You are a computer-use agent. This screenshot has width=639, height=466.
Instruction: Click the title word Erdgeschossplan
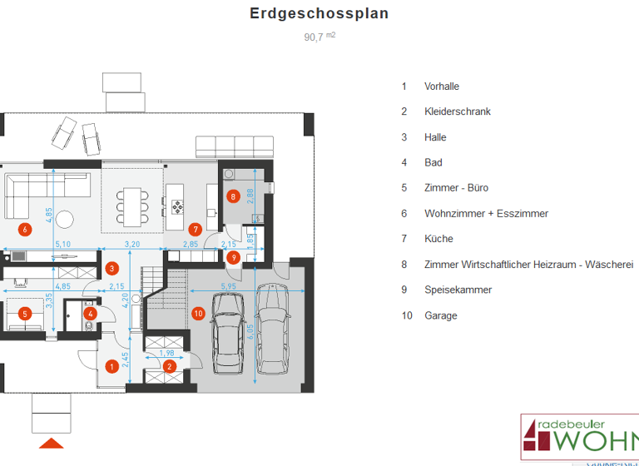tap(319, 14)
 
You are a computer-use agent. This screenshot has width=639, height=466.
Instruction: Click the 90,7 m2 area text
tap(319, 36)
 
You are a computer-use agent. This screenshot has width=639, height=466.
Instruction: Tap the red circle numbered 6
tap(25, 229)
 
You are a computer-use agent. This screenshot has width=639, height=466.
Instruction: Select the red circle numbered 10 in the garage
tap(198, 314)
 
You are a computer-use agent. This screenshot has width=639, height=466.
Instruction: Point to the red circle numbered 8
tap(234, 197)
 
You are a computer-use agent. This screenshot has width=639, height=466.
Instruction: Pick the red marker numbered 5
tap(25, 314)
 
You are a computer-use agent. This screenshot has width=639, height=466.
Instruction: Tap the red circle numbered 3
tap(112, 268)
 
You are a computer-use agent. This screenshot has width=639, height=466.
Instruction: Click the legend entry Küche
tap(438, 239)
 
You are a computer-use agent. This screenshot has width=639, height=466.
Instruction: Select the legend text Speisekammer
tap(458, 290)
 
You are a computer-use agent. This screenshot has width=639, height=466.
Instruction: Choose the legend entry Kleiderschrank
tap(457, 112)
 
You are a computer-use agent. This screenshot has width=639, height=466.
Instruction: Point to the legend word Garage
tap(440, 315)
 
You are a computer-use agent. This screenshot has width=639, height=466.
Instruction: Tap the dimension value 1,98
tap(166, 353)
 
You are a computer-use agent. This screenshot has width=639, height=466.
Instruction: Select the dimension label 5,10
tap(62, 245)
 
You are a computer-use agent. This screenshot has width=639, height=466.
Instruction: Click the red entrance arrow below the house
tap(52, 442)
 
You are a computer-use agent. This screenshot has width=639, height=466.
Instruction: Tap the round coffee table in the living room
tap(65, 219)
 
